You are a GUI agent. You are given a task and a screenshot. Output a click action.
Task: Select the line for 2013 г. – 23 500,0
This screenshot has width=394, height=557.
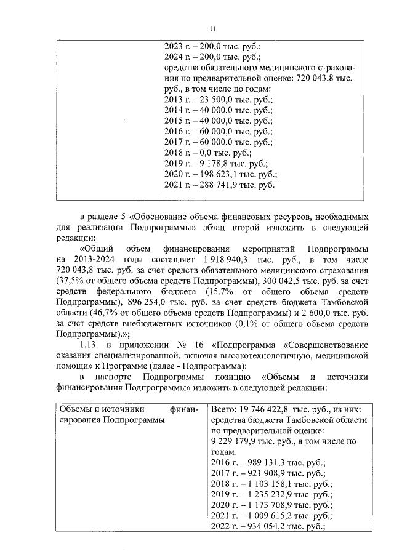[x=219, y=100]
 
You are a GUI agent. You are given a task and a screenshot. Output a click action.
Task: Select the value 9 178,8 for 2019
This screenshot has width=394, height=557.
[x=217, y=164]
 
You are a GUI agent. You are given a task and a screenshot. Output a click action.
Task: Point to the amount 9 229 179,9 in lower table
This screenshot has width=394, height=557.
[x=236, y=441]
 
